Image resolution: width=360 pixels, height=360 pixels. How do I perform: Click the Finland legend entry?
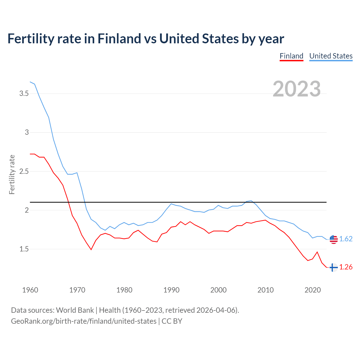coord(291,56)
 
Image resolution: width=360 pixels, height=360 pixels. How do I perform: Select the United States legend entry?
coord(331,56)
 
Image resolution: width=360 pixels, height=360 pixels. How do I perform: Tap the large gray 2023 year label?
coord(297,89)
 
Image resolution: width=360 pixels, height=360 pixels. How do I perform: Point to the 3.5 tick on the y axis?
coord(24,93)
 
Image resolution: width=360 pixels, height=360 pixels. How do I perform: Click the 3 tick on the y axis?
coord(27,132)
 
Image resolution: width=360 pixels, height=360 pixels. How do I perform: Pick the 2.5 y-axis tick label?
coord(24,171)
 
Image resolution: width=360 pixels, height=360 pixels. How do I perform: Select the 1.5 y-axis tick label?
coord(24,249)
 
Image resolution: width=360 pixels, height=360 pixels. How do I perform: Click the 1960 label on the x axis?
coord(30,290)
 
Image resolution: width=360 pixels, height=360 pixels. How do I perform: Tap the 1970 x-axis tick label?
coord(77,290)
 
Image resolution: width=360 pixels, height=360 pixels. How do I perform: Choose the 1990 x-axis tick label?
coord(171,290)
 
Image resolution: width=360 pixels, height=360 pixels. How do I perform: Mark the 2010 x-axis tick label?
coord(265,290)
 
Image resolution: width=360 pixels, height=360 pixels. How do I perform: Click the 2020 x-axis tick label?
coord(312,290)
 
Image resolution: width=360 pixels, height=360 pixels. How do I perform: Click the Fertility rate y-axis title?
coord(12,174)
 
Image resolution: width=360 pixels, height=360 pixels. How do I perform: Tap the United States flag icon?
coord(334,239)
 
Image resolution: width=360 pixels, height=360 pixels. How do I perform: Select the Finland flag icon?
coord(333,267)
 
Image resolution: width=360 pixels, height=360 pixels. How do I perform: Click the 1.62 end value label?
coord(346,239)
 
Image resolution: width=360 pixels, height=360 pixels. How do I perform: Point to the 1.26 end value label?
coord(346,267)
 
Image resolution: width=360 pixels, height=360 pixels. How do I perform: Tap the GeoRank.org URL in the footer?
coord(84,321)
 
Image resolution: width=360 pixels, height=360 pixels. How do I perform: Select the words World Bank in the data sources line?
coord(75,310)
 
